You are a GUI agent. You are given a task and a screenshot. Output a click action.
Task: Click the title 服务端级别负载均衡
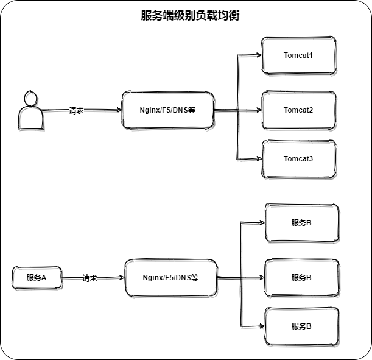(189, 16)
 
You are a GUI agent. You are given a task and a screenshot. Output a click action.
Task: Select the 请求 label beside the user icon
(76, 111)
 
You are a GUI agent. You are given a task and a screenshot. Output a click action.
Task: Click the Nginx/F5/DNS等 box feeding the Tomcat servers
(168, 110)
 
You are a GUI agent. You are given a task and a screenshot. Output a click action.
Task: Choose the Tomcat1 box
(298, 55)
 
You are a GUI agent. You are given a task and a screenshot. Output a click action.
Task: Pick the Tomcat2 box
(298, 110)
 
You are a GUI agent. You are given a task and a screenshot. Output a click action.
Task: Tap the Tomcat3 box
(298, 159)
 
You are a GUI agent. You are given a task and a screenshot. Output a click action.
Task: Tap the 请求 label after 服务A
(89, 278)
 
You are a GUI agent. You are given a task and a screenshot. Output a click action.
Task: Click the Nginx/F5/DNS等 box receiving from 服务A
(170, 278)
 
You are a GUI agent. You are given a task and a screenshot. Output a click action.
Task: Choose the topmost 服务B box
(301, 222)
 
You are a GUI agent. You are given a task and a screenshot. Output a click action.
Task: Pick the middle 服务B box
(301, 277)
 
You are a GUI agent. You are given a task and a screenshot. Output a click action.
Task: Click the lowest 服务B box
(301, 326)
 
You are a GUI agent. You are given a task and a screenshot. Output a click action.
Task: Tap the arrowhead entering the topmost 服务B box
(261, 222)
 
